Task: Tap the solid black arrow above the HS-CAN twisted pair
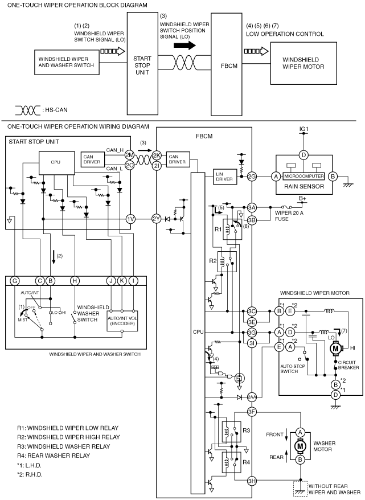184,46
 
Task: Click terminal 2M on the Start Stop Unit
129,155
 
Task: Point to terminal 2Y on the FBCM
157,219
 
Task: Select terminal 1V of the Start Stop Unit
131,219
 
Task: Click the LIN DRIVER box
224,177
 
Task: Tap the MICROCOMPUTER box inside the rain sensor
304,176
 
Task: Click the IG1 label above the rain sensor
304,129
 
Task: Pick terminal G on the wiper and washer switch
15,281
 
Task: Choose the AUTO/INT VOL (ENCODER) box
122,321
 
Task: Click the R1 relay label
218,229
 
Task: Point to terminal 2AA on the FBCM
252,397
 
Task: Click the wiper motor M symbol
335,348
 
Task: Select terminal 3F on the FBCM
252,412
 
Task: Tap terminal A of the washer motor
300,432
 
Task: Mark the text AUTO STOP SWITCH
293,368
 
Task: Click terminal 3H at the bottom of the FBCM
252,481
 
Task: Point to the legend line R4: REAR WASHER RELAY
54,456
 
